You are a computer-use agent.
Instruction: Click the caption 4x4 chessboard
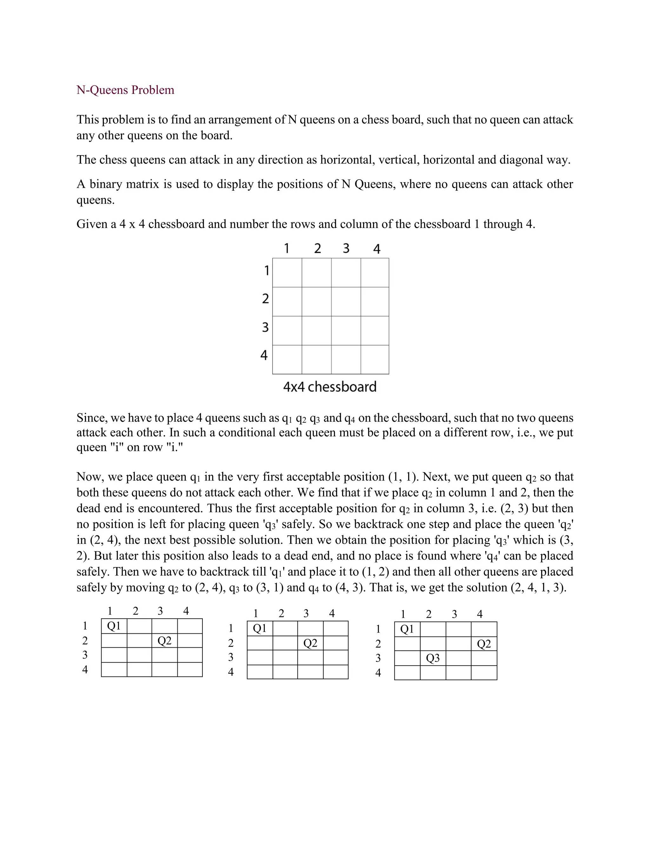[330, 387]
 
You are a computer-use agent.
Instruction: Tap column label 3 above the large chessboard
[346, 248]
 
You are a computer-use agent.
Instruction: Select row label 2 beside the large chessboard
[265, 298]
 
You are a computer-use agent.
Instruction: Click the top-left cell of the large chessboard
[287, 273]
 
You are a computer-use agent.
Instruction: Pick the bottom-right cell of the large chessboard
[375, 359]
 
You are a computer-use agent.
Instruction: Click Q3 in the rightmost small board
[433, 658]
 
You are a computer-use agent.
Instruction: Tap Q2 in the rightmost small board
[484, 644]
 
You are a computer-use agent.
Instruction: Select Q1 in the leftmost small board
[114, 626]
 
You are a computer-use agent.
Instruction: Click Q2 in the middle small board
[310, 643]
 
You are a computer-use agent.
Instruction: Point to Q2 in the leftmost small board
[164, 641]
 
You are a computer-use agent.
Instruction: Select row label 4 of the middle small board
[231, 672]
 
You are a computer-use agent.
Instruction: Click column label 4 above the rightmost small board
[480, 614]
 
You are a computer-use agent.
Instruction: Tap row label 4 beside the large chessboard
[264, 355]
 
